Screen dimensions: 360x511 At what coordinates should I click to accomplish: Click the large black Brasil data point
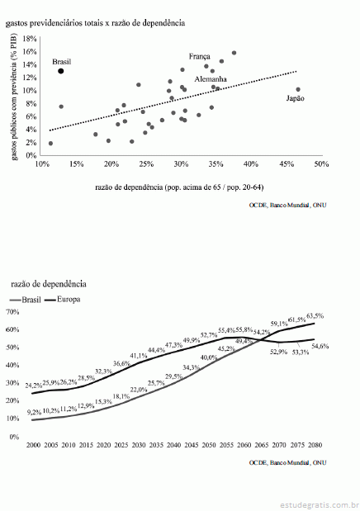pos(60,71)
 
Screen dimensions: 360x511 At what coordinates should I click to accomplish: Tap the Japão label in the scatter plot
pos(295,98)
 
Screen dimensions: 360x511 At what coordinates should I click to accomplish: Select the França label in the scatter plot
pos(200,57)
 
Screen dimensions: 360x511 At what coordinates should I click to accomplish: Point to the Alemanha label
pos(211,79)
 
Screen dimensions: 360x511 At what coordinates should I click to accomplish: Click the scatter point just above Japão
pos(298,89)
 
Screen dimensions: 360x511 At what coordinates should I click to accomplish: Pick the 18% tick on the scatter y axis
pos(30,39)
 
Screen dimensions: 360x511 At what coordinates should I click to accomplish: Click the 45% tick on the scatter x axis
pos(287,164)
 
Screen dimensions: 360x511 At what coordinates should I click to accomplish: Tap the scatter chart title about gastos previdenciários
pos(95,23)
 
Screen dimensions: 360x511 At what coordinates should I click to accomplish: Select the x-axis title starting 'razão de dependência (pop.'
pos(179,187)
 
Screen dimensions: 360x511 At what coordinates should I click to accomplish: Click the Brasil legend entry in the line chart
pos(26,300)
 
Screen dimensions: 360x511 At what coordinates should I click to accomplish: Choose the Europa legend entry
pos(62,300)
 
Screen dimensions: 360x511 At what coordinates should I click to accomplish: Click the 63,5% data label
pos(315,315)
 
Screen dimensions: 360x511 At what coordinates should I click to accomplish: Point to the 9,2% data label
pos(34,412)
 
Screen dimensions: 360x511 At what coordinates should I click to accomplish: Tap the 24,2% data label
pos(34,386)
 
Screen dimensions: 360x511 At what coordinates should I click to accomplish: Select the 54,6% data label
pos(320,346)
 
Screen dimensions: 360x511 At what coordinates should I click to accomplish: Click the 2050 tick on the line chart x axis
pos(208,445)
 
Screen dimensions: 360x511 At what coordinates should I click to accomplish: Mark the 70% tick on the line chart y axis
pos(13,312)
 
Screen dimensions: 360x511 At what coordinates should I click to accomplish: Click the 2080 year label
pos(315,445)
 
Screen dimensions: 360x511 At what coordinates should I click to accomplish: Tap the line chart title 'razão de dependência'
pos(49,284)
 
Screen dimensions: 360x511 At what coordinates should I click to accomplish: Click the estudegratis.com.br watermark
pos(319,504)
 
